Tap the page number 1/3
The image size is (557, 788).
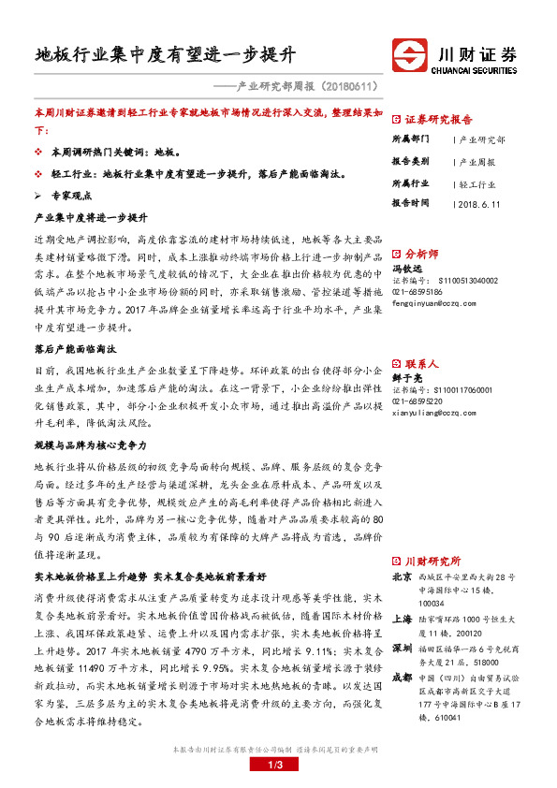pyautogui.click(x=278, y=766)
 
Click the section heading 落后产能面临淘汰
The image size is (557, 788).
pyautogui.click(x=74, y=348)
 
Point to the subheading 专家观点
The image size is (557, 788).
pyautogui.click(x=71, y=196)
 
